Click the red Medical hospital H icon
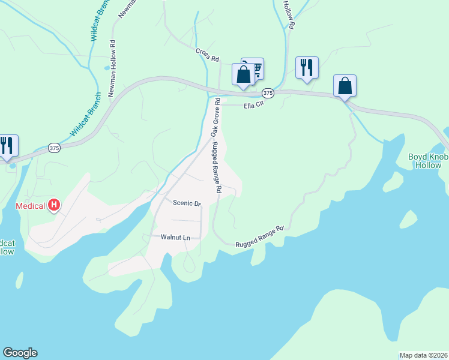coord(54,206)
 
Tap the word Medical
coord(30,206)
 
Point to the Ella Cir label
coord(254,106)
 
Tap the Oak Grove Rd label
coord(214,117)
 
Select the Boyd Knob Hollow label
coord(429,161)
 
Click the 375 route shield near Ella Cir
coord(268,93)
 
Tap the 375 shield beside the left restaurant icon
coord(55,148)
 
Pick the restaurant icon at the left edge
coord(7,145)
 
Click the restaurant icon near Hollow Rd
coord(307,67)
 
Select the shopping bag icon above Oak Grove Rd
coord(243,75)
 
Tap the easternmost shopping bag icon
coord(345,85)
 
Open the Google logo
coord(20,353)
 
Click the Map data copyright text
coord(423,355)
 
